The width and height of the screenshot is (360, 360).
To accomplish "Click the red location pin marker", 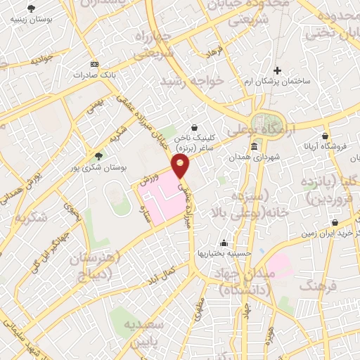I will (181, 166).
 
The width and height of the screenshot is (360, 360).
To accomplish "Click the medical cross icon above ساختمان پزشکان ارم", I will (278, 71).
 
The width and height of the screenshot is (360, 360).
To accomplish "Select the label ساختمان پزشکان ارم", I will (300, 82).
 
